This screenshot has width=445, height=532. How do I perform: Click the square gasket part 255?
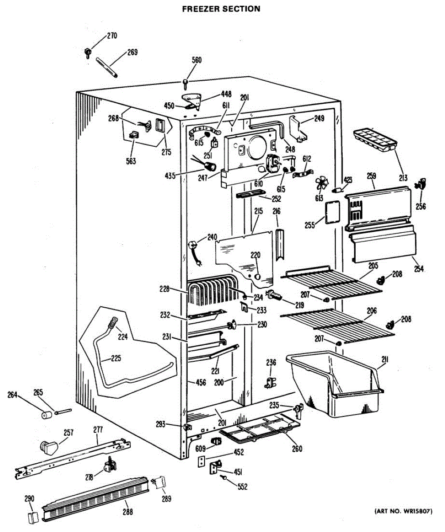[x=330, y=213]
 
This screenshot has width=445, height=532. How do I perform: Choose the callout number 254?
[x=418, y=269]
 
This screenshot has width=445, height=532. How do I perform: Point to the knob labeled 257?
[x=48, y=446]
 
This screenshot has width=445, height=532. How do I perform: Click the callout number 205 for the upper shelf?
[x=372, y=266]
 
